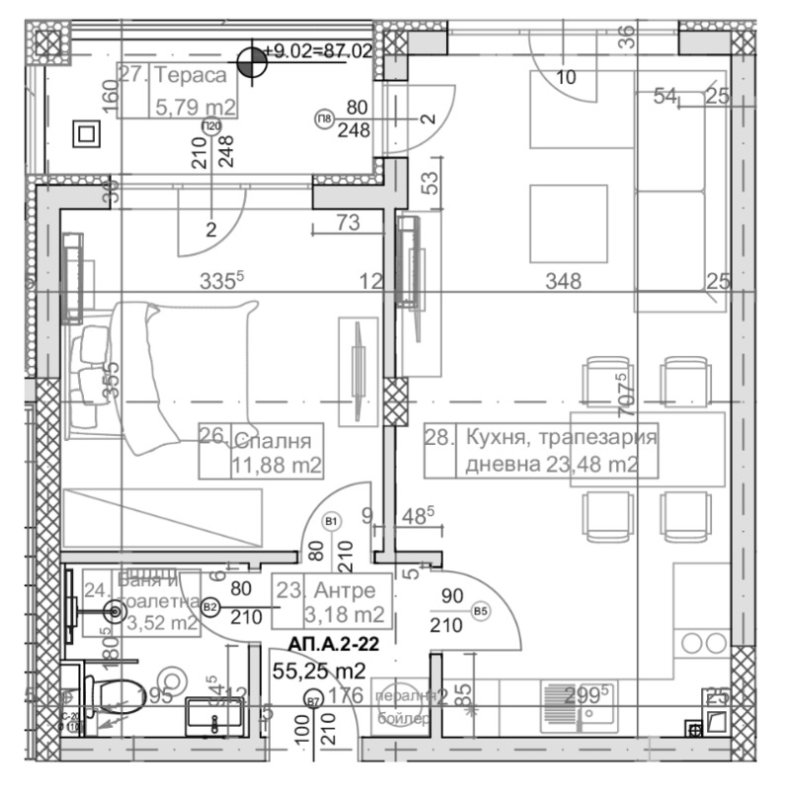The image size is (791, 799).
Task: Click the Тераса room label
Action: tap(192, 76)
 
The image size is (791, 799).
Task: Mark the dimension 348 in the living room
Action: tap(564, 282)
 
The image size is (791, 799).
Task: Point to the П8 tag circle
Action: tap(323, 120)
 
